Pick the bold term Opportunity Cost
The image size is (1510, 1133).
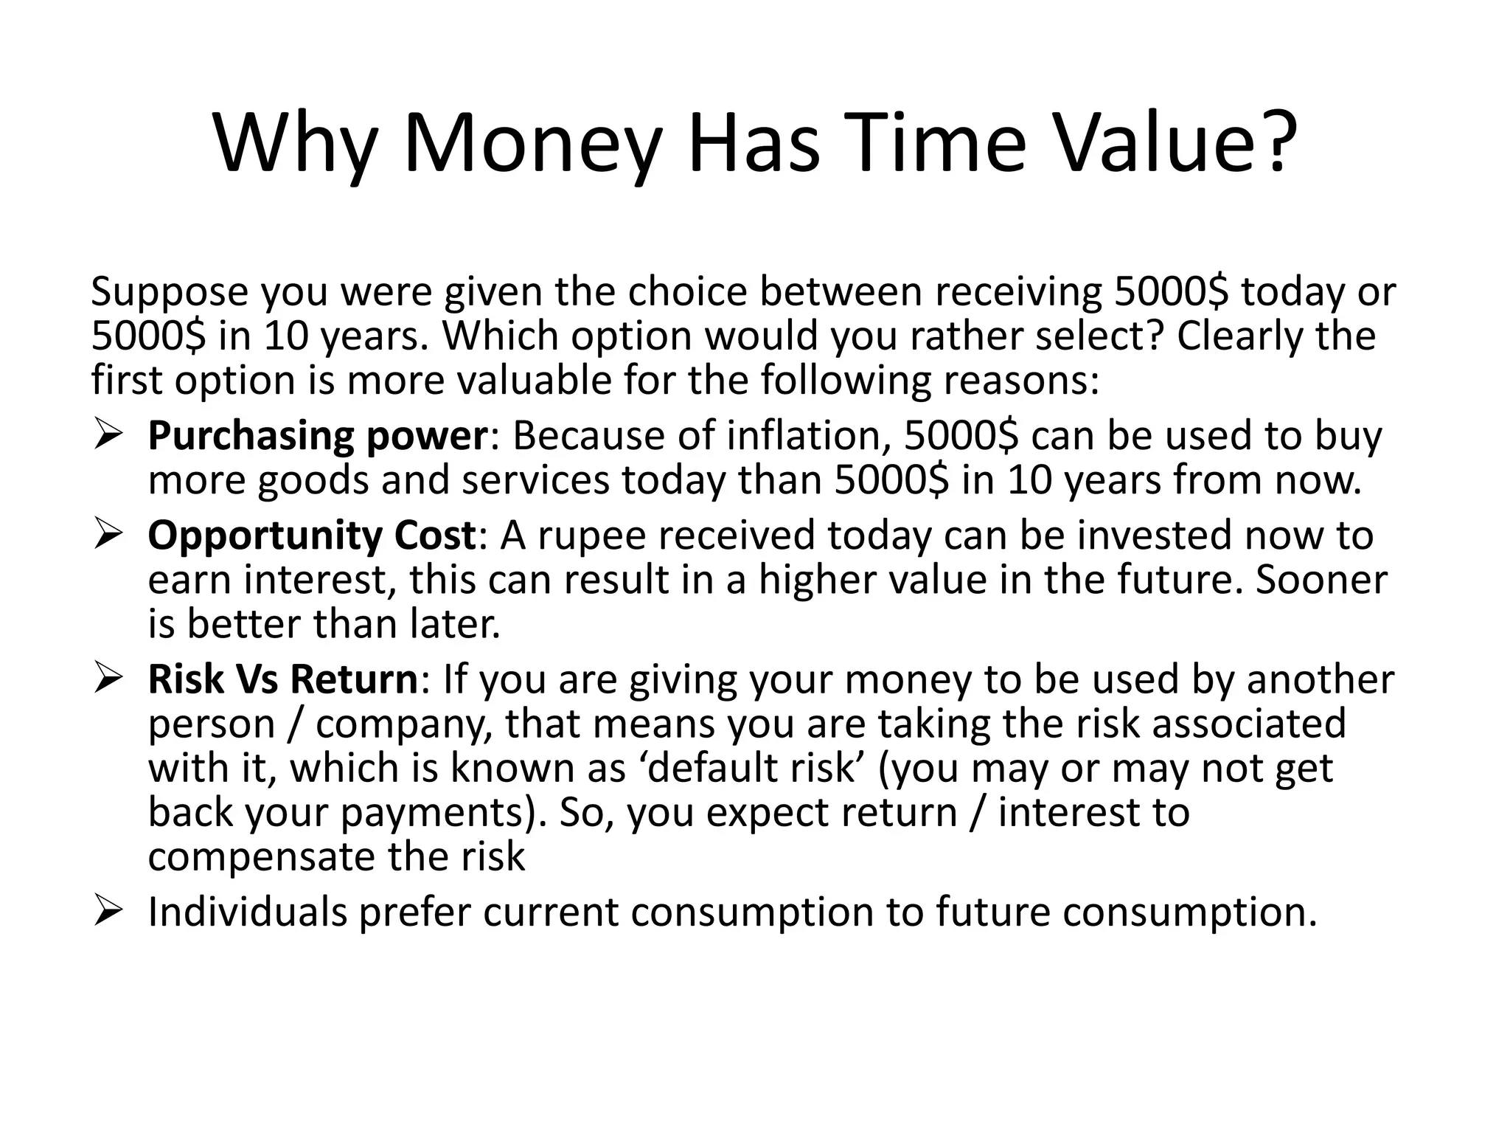coord(312,536)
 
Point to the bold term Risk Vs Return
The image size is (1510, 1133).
coord(282,679)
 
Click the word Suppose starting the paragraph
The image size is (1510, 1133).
coord(170,292)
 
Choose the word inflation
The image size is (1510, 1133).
coord(804,436)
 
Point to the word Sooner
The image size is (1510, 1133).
coord(1321,580)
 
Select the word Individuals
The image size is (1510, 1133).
coord(247,912)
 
